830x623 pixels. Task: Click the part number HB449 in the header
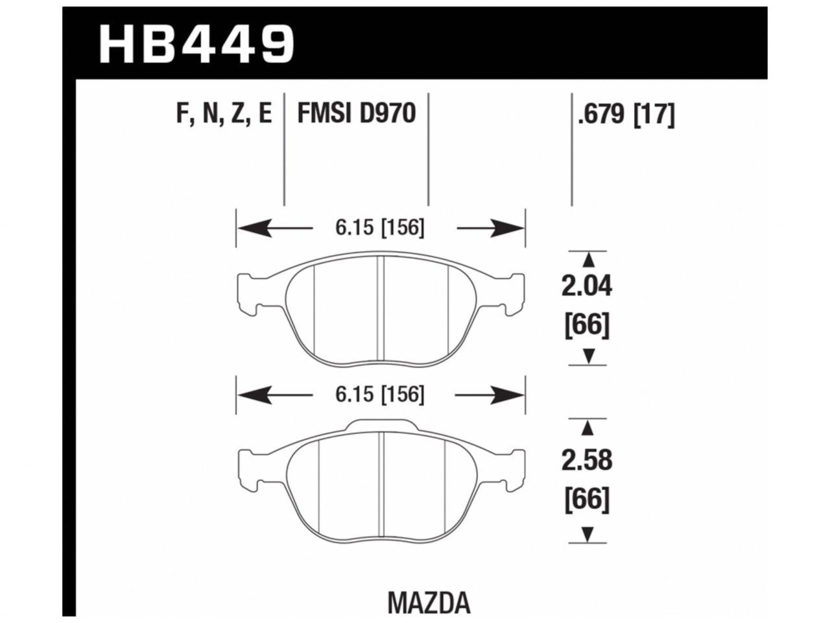(196, 43)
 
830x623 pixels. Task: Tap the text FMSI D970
(356, 115)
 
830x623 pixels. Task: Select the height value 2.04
(587, 286)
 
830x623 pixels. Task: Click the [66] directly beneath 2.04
(587, 325)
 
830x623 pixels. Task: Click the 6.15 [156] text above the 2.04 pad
(380, 228)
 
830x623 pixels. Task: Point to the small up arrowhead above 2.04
(588, 260)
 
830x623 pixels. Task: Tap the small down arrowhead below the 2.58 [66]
(588, 534)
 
